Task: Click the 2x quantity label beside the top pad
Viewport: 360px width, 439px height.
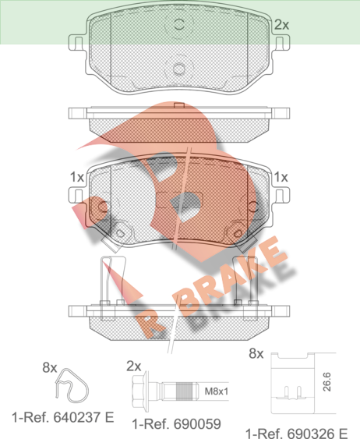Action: tap(281, 25)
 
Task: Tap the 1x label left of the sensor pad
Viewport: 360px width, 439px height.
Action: tap(77, 177)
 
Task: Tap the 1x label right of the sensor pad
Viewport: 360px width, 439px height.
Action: tap(281, 177)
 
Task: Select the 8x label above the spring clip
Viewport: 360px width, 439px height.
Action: tap(50, 367)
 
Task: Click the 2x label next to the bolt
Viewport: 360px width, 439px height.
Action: tap(134, 366)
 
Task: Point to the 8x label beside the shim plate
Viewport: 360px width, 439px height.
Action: tap(256, 353)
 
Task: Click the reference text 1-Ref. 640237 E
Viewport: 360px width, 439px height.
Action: tap(63, 417)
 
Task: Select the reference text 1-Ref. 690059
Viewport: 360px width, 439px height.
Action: tap(177, 424)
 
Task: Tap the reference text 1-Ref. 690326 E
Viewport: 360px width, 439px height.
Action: tap(297, 433)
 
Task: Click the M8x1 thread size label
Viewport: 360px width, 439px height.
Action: tap(216, 391)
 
